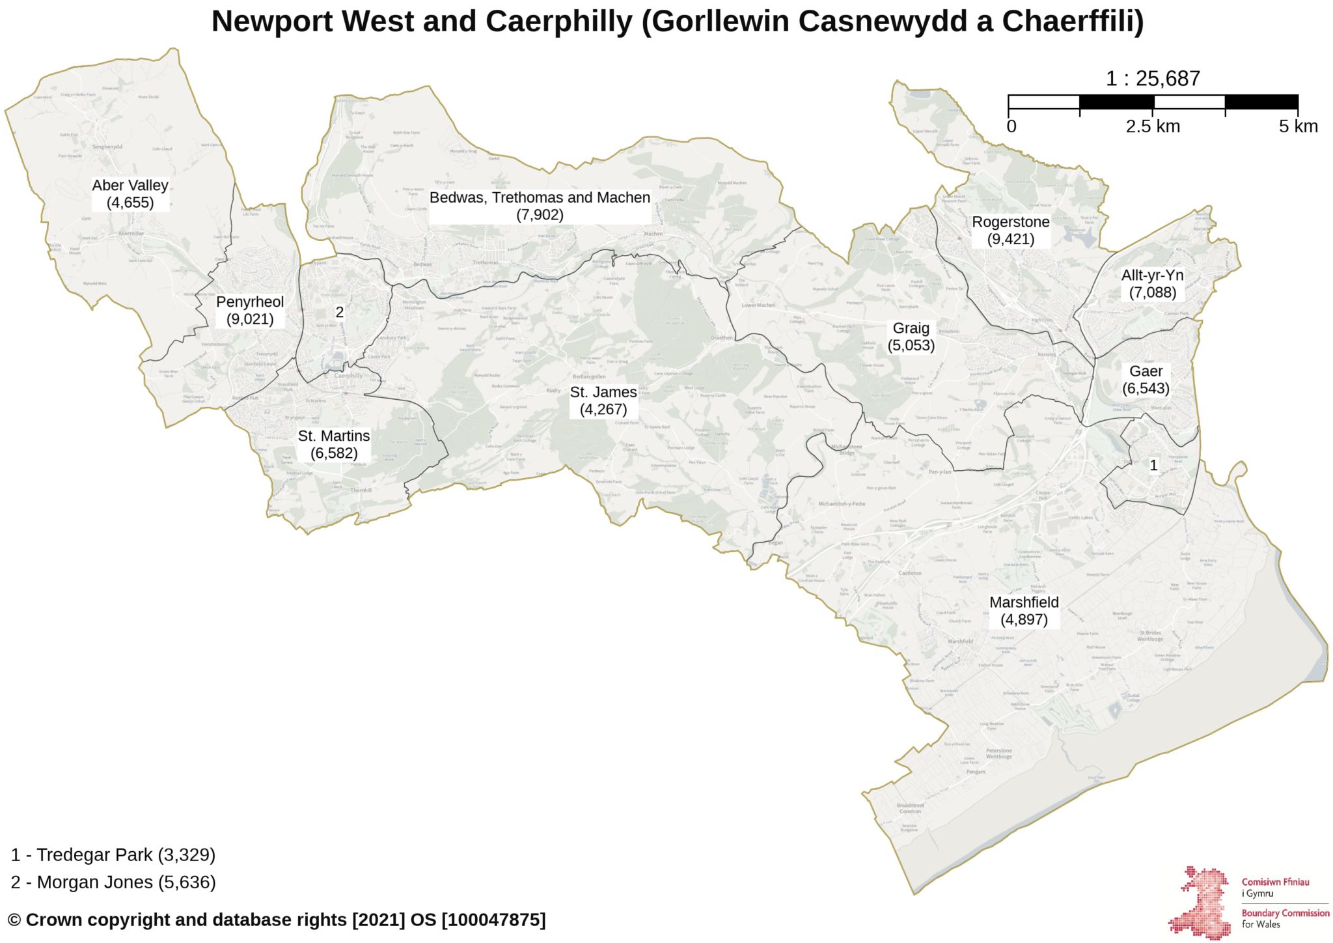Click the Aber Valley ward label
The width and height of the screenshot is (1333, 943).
coord(130,194)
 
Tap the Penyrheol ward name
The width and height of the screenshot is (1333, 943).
coord(250,311)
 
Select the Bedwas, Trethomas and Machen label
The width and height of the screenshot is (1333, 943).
coord(540,206)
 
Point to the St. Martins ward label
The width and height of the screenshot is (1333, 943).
coord(334,444)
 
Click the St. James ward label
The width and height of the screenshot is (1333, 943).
coord(603,401)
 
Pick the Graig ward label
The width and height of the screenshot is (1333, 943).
coord(911,337)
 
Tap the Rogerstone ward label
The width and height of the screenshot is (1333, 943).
coord(1010,231)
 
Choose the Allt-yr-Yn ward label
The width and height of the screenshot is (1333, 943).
coord(1152,284)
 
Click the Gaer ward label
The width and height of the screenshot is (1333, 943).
coord(1146,380)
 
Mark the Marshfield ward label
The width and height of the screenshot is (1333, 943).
coord(1024,611)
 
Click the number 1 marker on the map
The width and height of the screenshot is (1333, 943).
coord(1154,465)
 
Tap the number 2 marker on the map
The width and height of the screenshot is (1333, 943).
coord(339,313)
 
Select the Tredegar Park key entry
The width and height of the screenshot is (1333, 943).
coord(113,854)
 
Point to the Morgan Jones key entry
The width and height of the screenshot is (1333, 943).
coord(113,882)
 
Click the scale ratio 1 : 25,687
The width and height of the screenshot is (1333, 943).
coord(1152,79)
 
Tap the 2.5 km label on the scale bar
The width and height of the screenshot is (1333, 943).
coord(1152,126)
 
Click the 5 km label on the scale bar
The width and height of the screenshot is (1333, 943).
coord(1298,126)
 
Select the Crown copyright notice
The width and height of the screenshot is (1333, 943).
coord(277,920)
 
